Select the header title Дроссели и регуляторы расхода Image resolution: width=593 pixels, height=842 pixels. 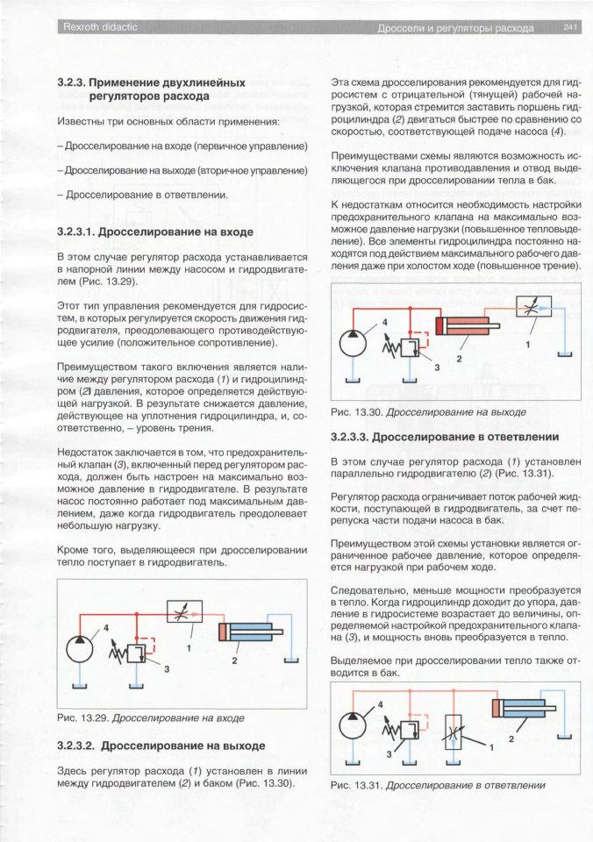tap(455, 28)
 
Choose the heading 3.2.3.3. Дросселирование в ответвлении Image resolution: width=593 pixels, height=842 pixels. tap(445, 436)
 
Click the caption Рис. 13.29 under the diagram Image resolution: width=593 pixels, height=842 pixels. tap(150, 718)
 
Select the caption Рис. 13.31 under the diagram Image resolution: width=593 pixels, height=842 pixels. tap(438, 786)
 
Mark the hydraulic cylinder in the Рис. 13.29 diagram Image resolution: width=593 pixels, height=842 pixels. tap(254, 633)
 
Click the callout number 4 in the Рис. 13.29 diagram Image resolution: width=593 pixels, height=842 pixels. tap(106, 628)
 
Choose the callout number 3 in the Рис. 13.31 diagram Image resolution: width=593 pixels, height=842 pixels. tap(389, 753)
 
